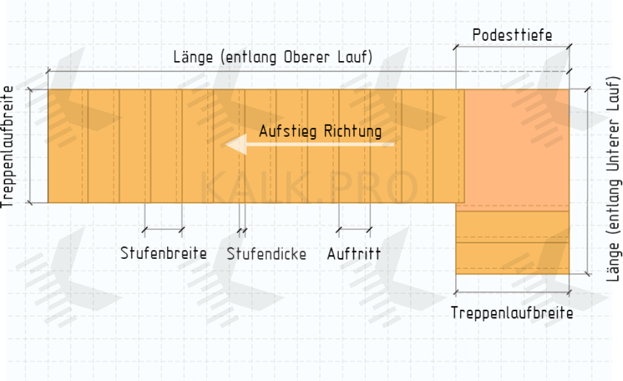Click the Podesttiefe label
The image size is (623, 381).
click(512, 35)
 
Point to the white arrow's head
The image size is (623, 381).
click(233, 145)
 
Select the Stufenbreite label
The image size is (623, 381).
click(163, 254)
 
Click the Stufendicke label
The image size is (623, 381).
click(266, 254)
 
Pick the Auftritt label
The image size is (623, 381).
click(353, 254)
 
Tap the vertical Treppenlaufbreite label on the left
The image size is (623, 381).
click(8, 147)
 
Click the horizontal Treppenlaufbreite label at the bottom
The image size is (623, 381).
click(512, 313)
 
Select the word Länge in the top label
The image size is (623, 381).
click(193, 57)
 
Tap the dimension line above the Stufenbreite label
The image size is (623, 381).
click(163, 229)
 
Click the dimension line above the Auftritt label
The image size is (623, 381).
click(354, 229)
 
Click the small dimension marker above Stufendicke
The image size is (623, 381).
click(242, 229)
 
